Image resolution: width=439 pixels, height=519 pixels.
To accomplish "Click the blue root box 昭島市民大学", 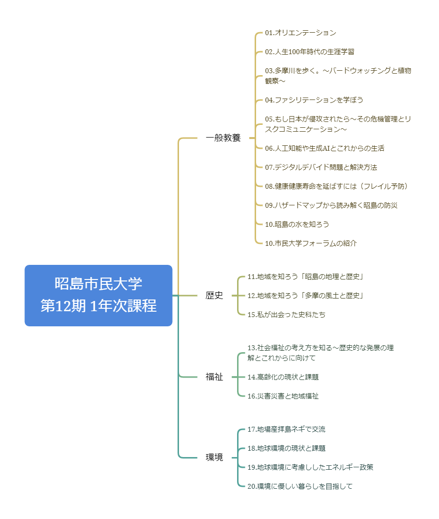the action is point(99,295).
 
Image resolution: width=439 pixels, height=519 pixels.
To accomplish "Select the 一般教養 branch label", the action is point(223,138).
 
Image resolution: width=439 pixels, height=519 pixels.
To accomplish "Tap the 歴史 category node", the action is point(214,295).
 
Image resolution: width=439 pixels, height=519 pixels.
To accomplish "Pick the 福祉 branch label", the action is point(214,377).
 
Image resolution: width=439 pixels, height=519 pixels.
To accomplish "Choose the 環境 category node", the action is point(214,458).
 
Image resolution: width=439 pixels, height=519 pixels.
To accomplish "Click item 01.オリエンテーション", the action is point(300,33).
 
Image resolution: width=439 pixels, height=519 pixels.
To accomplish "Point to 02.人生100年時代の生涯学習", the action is point(310,52).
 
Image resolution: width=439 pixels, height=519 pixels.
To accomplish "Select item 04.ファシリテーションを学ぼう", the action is point(314,100).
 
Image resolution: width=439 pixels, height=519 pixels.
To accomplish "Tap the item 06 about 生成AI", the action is point(324,148).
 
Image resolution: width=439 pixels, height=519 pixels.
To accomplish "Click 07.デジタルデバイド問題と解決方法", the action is point(321,167).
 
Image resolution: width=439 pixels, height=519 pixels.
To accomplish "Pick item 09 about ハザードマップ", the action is point(331,205).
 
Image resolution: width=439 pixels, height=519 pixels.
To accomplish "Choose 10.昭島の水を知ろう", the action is point(297,224).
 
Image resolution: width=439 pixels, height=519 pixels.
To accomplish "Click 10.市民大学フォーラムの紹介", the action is point(311,243).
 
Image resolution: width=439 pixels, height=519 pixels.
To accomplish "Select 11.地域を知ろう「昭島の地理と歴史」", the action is point(305,277).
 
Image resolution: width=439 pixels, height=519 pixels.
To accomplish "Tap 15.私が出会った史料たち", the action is point(286,315).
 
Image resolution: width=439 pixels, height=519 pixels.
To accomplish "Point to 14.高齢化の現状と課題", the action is point(283,377).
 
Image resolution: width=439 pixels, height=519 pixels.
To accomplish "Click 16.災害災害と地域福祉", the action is point(283,396).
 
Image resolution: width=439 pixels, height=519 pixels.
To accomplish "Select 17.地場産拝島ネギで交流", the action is point(286,429).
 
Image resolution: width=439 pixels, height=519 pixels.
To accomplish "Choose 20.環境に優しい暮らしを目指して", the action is point(300,486).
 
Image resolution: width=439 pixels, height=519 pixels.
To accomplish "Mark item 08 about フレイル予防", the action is point(337,186).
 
